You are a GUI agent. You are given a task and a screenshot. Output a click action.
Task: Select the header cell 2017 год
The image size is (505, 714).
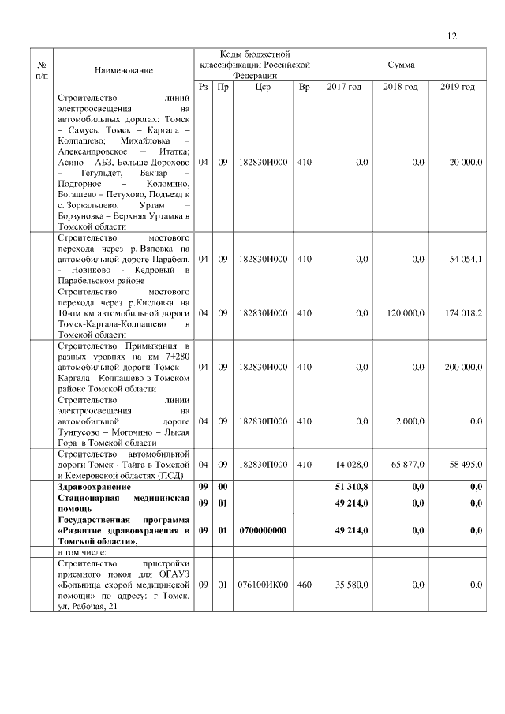pos(344,87)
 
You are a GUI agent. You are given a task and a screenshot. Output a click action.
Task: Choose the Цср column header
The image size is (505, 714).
pos(264,87)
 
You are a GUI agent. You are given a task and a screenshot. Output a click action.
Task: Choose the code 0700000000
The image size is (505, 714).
pos(264,531)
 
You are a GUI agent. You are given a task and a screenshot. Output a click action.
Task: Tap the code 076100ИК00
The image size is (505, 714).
pos(264,585)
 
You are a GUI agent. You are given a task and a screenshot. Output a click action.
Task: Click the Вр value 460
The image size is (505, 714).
pos(304,585)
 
